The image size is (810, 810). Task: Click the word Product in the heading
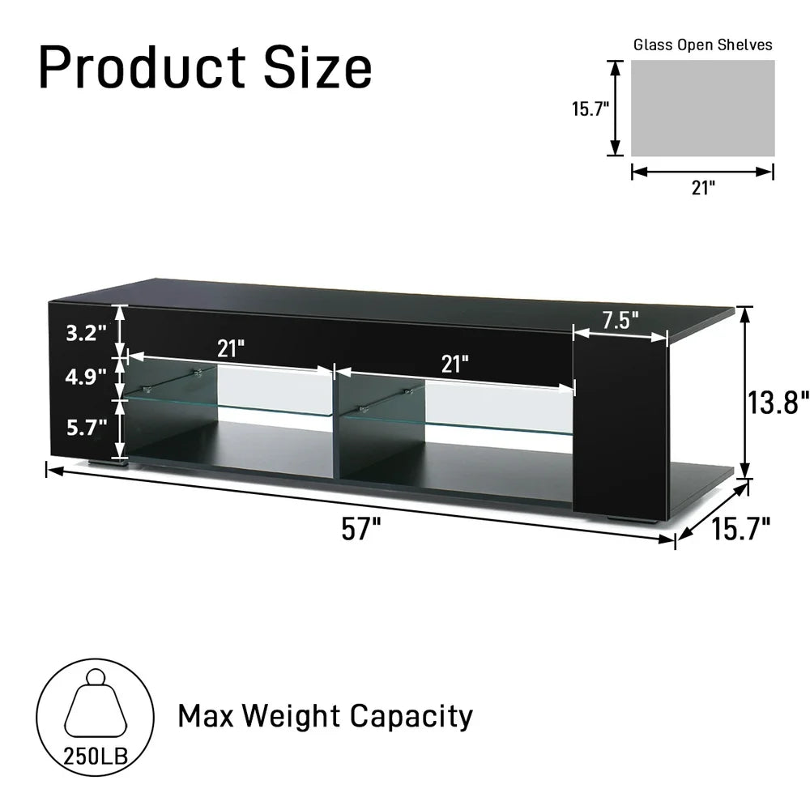tap(142, 67)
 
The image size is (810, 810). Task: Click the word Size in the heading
tap(318, 67)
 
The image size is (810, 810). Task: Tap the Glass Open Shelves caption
tap(702, 45)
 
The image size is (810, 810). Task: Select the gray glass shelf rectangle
tap(702, 108)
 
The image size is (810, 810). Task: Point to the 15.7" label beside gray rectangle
tap(590, 109)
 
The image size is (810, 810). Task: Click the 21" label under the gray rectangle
tap(703, 188)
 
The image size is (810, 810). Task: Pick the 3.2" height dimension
tap(86, 333)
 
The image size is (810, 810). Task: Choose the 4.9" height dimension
tap(86, 377)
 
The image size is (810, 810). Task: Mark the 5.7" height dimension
tap(87, 427)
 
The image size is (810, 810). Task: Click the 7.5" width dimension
tap(620, 320)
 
